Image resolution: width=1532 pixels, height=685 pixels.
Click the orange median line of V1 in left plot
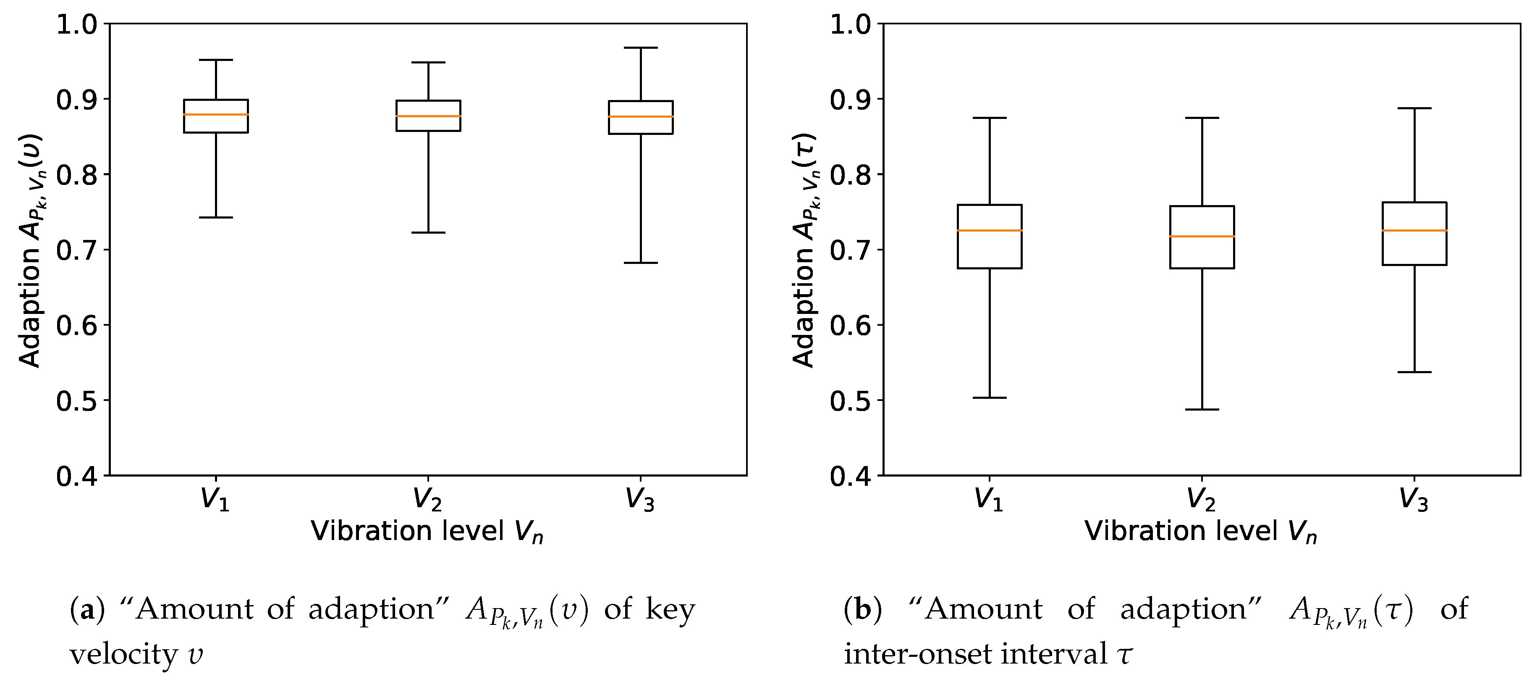point(216,114)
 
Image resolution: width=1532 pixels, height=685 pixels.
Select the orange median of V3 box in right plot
point(1414,230)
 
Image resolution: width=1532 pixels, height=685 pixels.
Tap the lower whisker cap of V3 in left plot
point(641,263)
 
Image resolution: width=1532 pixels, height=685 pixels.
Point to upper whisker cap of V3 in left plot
point(641,47)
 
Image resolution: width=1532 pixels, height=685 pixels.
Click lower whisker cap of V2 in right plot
point(1202,409)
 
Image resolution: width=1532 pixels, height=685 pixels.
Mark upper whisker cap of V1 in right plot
point(990,118)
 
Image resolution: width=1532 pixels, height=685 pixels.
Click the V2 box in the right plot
point(1202,253)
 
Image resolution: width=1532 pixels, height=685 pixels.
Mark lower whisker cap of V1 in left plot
point(216,217)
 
